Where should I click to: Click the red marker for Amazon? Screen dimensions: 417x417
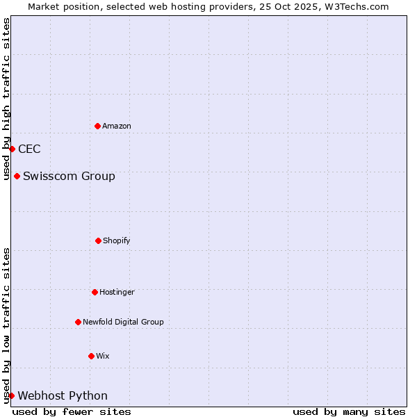pyautogui.click(x=97, y=126)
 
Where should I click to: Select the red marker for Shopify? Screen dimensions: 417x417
pyautogui.click(x=98, y=240)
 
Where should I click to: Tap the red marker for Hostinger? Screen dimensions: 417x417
pyautogui.click(x=95, y=292)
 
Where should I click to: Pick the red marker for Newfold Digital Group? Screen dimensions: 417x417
pyautogui.click(x=78, y=322)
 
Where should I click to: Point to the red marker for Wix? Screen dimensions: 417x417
pyautogui.click(x=91, y=356)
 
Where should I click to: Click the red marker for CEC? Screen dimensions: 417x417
pyautogui.click(x=12, y=149)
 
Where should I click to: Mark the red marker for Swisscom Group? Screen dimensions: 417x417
pyautogui.click(x=17, y=176)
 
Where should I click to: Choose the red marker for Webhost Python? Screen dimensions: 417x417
pyautogui.click(x=11, y=395)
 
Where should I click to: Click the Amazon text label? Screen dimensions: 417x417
pyautogui.click(x=117, y=126)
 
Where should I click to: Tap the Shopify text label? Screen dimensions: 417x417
pyautogui.click(x=117, y=240)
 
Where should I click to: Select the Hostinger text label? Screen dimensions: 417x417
pyautogui.click(x=117, y=292)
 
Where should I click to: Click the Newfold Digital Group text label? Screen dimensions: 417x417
pyautogui.click(x=123, y=322)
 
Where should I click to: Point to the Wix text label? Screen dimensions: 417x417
pyautogui.click(x=103, y=356)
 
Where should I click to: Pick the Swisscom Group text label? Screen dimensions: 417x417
pyautogui.click(x=69, y=176)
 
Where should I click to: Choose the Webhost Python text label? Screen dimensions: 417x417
pyautogui.click(x=63, y=395)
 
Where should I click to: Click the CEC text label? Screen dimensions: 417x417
pyautogui.click(x=29, y=149)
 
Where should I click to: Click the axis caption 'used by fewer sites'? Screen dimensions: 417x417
pyautogui.click(x=72, y=411)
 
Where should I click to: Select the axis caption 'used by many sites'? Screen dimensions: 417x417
pyautogui.click(x=349, y=411)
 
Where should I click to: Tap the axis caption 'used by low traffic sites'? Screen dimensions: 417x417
pyautogui.click(x=7, y=325)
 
